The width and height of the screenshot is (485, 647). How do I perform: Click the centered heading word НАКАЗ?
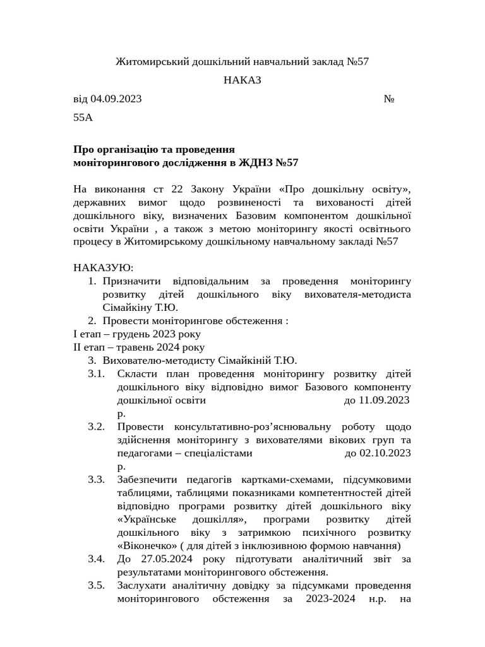click(x=242, y=80)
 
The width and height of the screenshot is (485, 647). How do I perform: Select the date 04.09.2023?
click(x=116, y=99)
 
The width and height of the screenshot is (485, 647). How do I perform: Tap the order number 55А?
click(x=83, y=117)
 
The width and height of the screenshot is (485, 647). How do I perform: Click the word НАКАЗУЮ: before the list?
click(x=104, y=268)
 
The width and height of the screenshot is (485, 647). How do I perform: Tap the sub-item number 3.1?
click(x=96, y=374)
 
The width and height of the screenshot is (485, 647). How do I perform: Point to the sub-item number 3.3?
click(x=96, y=479)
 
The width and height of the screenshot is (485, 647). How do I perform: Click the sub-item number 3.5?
click(x=96, y=585)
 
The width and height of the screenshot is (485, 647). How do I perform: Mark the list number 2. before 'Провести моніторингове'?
click(x=92, y=321)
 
